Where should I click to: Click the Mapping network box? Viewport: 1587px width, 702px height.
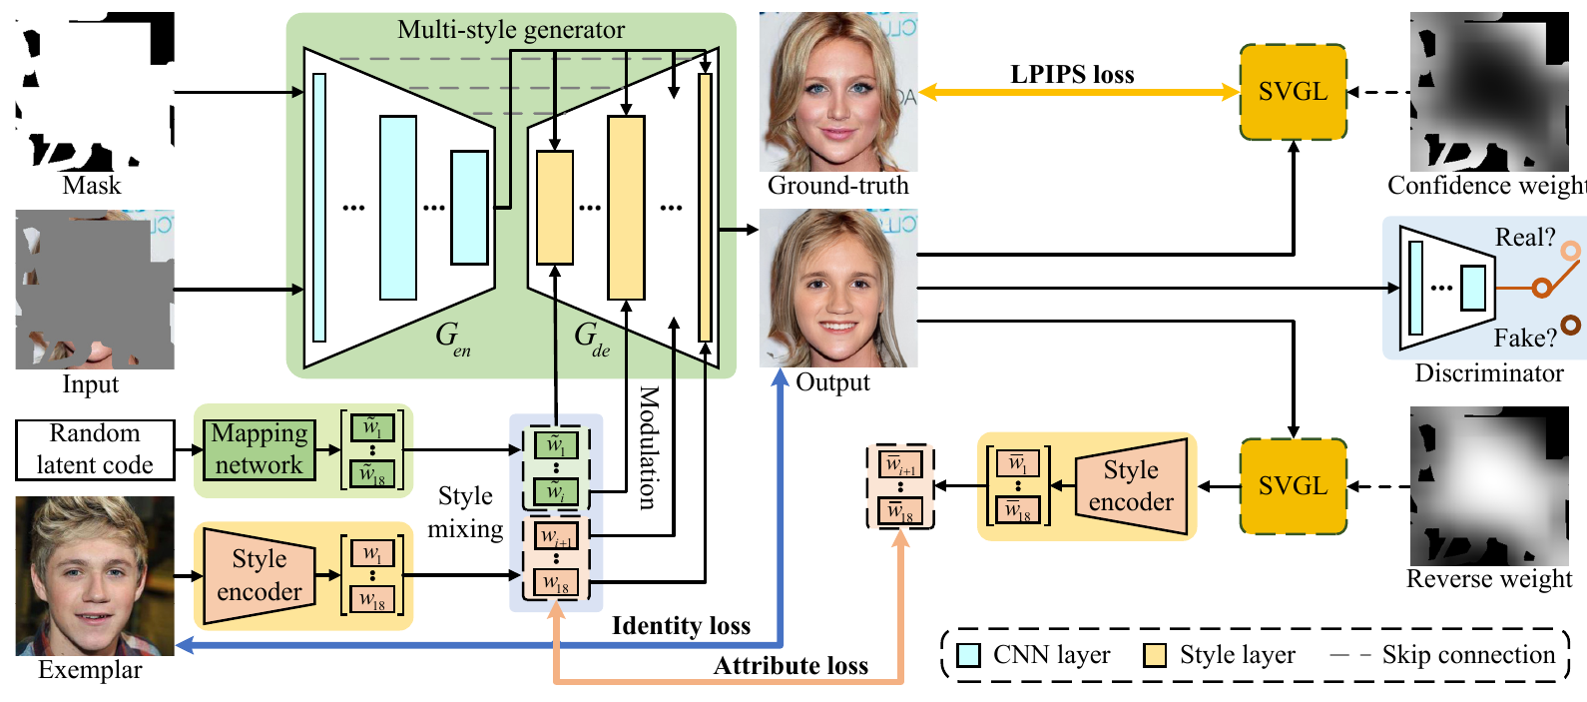259,449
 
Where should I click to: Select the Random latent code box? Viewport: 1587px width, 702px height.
95,449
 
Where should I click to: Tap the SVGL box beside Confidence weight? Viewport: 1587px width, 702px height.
1293,92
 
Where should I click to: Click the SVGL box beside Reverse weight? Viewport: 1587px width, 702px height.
1293,486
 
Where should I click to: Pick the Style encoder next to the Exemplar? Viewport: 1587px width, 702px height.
259,575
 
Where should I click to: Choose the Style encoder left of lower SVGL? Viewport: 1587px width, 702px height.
1131,486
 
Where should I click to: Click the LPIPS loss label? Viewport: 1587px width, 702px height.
1072,75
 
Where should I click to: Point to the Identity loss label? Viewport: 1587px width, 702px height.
681,626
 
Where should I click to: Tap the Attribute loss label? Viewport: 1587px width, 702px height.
791,666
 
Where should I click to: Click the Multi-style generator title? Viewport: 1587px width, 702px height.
511,30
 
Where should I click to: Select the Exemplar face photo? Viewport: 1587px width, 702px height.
95,575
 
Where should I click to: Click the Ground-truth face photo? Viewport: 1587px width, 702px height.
837,92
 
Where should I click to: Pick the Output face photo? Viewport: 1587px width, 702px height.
837,289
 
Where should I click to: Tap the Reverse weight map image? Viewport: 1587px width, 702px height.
1489,486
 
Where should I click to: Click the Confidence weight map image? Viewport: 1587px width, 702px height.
1489,92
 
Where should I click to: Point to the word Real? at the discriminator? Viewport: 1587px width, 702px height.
1524,238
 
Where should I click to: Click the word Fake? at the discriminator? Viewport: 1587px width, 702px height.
1524,339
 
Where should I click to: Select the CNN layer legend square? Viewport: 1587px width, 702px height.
968,655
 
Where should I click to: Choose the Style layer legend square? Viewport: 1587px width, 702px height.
1155,655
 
